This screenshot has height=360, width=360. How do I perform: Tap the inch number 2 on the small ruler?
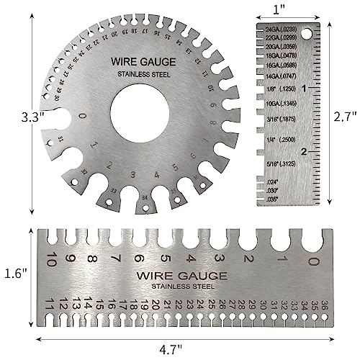tap(305, 151)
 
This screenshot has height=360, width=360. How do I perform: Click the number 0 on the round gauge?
tap(84, 117)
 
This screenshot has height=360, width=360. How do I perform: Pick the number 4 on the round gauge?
tap(153, 175)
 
